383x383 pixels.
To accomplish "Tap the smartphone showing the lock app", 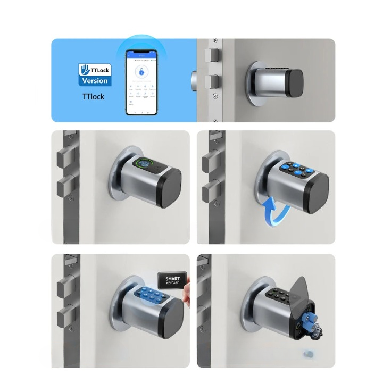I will point(142,82).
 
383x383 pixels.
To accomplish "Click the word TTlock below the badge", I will point(94,97).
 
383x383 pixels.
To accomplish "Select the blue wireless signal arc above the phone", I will point(142,44).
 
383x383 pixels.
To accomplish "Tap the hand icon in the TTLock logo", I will point(84,68).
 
